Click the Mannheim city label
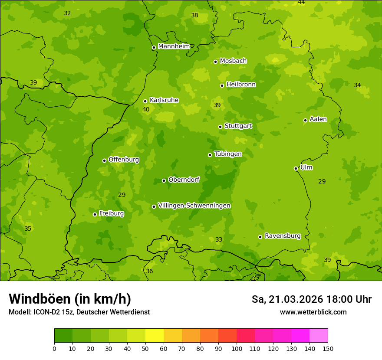(x=174, y=46)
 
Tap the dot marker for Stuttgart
(x=220, y=127)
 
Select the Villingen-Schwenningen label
(x=194, y=206)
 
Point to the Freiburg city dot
(x=95, y=214)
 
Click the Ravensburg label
(x=282, y=236)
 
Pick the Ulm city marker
(x=296, y=168)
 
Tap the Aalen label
(x=318, y=119)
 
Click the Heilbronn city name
(x=241, y=85)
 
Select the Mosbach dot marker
(x=215, y=62)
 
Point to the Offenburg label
(x=124, y=160)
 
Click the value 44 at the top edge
(x=301, y=2)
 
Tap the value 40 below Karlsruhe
(x=146, y=109)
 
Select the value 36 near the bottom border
(x=149, y=271)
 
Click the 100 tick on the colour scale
(x=237, y=348)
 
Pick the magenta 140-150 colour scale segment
(x=319, y=336)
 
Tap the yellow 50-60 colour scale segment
(x=155, y=336)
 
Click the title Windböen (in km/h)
(x=70, y=299)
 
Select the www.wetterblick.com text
(x=313, y=312)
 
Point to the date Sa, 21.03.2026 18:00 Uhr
(x=311, y=299)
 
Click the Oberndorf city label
(x=184, y=180)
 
